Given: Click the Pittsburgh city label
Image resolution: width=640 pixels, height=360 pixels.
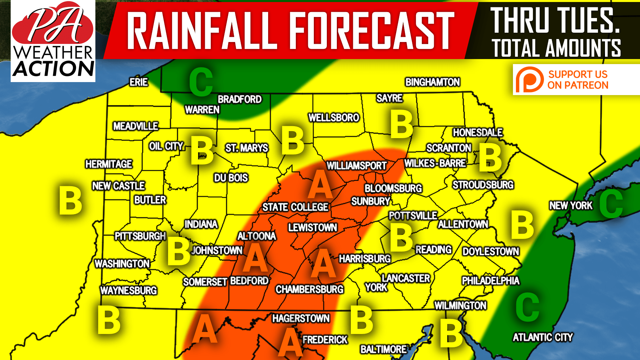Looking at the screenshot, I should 140,236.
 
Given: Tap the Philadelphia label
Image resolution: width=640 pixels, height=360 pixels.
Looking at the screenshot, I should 490,281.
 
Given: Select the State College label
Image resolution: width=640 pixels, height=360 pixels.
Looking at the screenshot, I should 295,207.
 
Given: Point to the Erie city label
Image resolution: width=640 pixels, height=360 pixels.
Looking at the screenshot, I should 139,82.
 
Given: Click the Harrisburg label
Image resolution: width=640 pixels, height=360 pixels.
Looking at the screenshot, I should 365,259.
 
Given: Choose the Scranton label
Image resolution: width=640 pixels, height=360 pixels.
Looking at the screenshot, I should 449,148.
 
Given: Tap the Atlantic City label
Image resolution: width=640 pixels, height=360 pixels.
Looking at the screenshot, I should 542,337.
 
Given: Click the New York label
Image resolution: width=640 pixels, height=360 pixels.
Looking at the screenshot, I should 571,206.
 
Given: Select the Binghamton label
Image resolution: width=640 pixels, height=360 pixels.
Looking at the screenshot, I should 433,82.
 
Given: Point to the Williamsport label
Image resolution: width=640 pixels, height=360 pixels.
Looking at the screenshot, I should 357,165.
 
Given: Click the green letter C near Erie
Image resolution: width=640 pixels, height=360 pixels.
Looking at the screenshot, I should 201,82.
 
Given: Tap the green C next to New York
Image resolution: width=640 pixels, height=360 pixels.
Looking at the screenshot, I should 611,204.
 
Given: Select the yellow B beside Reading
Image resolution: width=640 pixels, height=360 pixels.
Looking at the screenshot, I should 401,238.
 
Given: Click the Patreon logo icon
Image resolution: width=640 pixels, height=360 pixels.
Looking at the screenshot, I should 529,80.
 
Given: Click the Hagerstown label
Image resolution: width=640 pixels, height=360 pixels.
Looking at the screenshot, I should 301,318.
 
